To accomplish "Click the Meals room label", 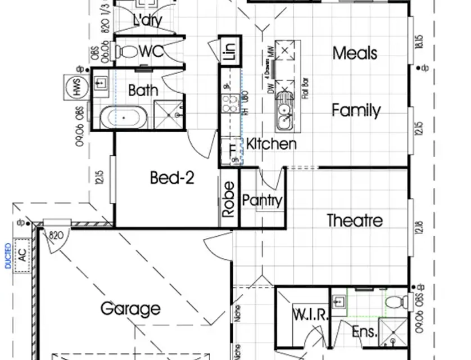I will click(355, 53).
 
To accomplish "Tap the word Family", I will click(356, 110).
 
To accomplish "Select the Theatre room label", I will click(355, 220).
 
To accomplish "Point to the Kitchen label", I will click(271, 144).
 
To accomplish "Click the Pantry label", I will click(262, 201).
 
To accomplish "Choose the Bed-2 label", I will click(172, 178).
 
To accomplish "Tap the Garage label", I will click(130, 309).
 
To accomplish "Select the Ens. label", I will click(364, 332).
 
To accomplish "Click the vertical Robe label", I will click(228, 199).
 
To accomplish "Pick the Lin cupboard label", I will click(229, 51).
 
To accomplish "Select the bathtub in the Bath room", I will click(124, 119).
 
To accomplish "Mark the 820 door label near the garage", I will click(56, 235).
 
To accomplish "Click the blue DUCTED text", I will click(8, 256).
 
